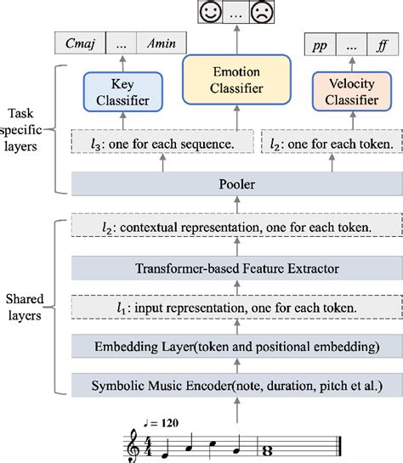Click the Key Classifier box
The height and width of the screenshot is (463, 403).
(122, 94)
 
